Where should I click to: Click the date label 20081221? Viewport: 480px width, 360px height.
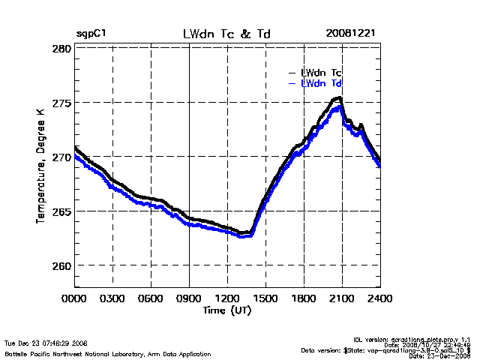coord(350,34)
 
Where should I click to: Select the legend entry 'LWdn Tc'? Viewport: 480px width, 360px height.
coord(322,73)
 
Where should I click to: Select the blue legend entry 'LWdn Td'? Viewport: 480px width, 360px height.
coord(322,83)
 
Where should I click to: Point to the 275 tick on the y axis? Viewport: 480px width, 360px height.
coord(62,103)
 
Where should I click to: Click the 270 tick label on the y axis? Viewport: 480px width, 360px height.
coord(62,157)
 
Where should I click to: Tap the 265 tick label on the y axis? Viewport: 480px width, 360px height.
coord(62,211)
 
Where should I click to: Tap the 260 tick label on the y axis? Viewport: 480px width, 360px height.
coord(62,265)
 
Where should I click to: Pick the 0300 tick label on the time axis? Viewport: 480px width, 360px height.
coord(113,299)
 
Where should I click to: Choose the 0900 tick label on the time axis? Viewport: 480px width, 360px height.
coord(189,299)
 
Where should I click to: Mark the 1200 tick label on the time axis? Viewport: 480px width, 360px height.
coord(227,299)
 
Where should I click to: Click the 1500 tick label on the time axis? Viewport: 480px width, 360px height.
coord(265,299)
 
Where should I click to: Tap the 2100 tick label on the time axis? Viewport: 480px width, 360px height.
coord(342,299)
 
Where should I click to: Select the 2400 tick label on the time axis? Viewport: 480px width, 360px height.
coord(379,299)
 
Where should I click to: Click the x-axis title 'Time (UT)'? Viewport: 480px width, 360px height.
coord(226,310)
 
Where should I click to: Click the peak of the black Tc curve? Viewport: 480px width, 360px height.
coord(340,97)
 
